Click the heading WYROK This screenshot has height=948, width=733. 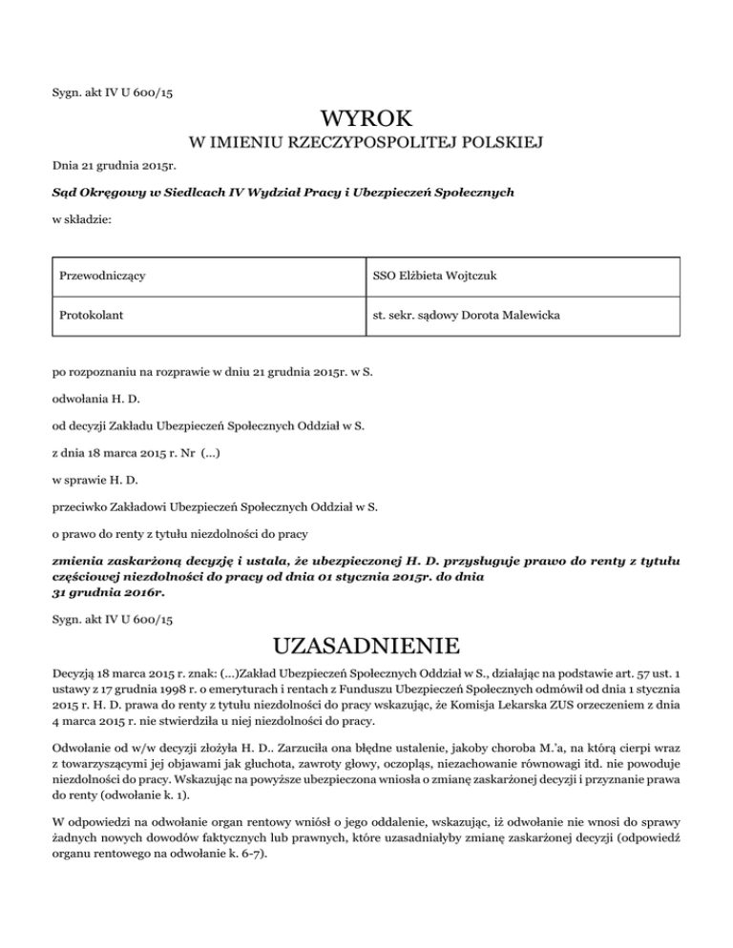click(366, 120)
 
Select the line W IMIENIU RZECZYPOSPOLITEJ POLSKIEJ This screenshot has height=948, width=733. click(366, 144)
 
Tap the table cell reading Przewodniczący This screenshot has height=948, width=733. click(106, 277)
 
